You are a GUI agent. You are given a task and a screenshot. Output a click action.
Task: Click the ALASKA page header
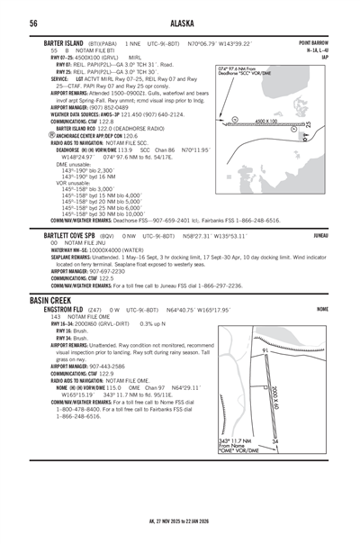[x=181, y=23]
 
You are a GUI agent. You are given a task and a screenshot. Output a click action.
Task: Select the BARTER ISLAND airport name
[x=66, y=43]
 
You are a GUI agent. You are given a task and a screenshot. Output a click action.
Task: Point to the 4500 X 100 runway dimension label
[x=266, y=120]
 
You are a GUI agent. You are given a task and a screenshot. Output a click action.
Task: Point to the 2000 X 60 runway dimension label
[x=299, y=394]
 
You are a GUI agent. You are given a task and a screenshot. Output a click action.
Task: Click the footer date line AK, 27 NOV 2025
[x=180, y=533]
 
